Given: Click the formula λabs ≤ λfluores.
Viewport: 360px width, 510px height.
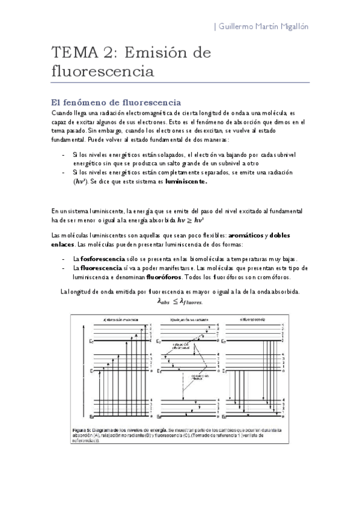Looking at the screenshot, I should (179, 302).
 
